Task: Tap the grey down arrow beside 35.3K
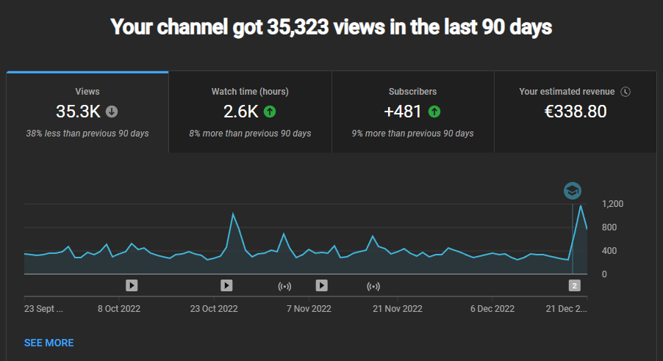click(112, 112)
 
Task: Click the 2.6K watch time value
click(240, 112)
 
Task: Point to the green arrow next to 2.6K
click(270, 112)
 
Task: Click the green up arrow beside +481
click(434, 112)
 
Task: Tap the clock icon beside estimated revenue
click(626, 92)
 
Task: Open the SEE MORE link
click(49, 343)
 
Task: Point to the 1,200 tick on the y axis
click(612, 204)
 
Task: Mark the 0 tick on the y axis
click(605, 274)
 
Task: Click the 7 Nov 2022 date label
click(307, 309)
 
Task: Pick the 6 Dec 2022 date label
click(492, 309)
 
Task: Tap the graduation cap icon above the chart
click(573, 191)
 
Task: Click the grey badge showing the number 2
click(575, 285)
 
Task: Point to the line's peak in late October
click(233, 214)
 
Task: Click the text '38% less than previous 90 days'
click(87, 134)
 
